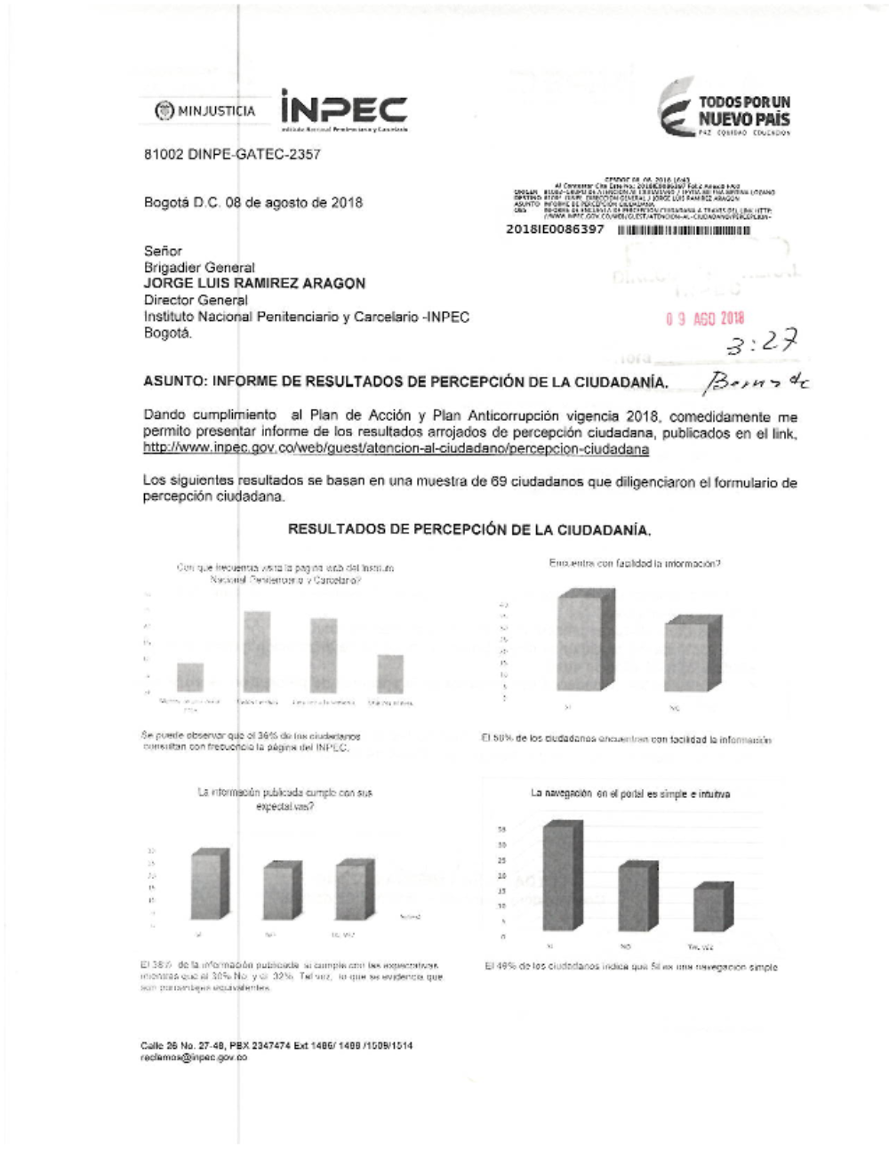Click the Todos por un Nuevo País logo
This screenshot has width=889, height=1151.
coord(725,112)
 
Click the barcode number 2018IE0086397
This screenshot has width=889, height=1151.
coord(555,229)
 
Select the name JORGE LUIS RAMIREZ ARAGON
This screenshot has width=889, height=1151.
coord(254,284)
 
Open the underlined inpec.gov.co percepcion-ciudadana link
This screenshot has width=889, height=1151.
coord(396,449)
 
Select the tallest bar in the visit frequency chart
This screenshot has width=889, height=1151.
coord(257,652)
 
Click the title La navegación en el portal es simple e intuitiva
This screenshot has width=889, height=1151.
coord(630,793)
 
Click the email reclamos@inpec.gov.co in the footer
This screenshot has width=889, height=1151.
coord(194,1058)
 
